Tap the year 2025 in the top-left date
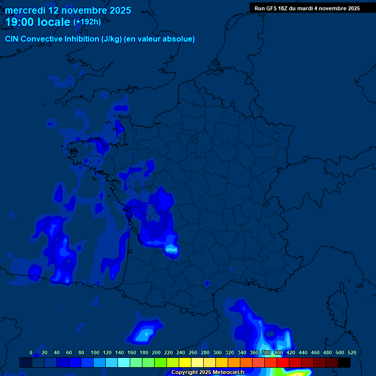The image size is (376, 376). [x=117, y=10]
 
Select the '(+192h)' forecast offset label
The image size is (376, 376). [x=87, y=22]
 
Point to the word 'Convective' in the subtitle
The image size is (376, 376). [x=42, y=39]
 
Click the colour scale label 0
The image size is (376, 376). [x=31, y=352]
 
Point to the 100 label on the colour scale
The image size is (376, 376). [x=95, y=352]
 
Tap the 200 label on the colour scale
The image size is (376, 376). [x=156, y=352]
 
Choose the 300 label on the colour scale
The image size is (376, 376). [x=217, y=352]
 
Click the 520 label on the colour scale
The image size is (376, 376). [x=352, y=352]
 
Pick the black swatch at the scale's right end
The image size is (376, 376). [x=344, y=363]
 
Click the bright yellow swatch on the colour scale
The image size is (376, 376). [x=185, y=363]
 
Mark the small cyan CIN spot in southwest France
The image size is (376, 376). [x=171, y=250]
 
